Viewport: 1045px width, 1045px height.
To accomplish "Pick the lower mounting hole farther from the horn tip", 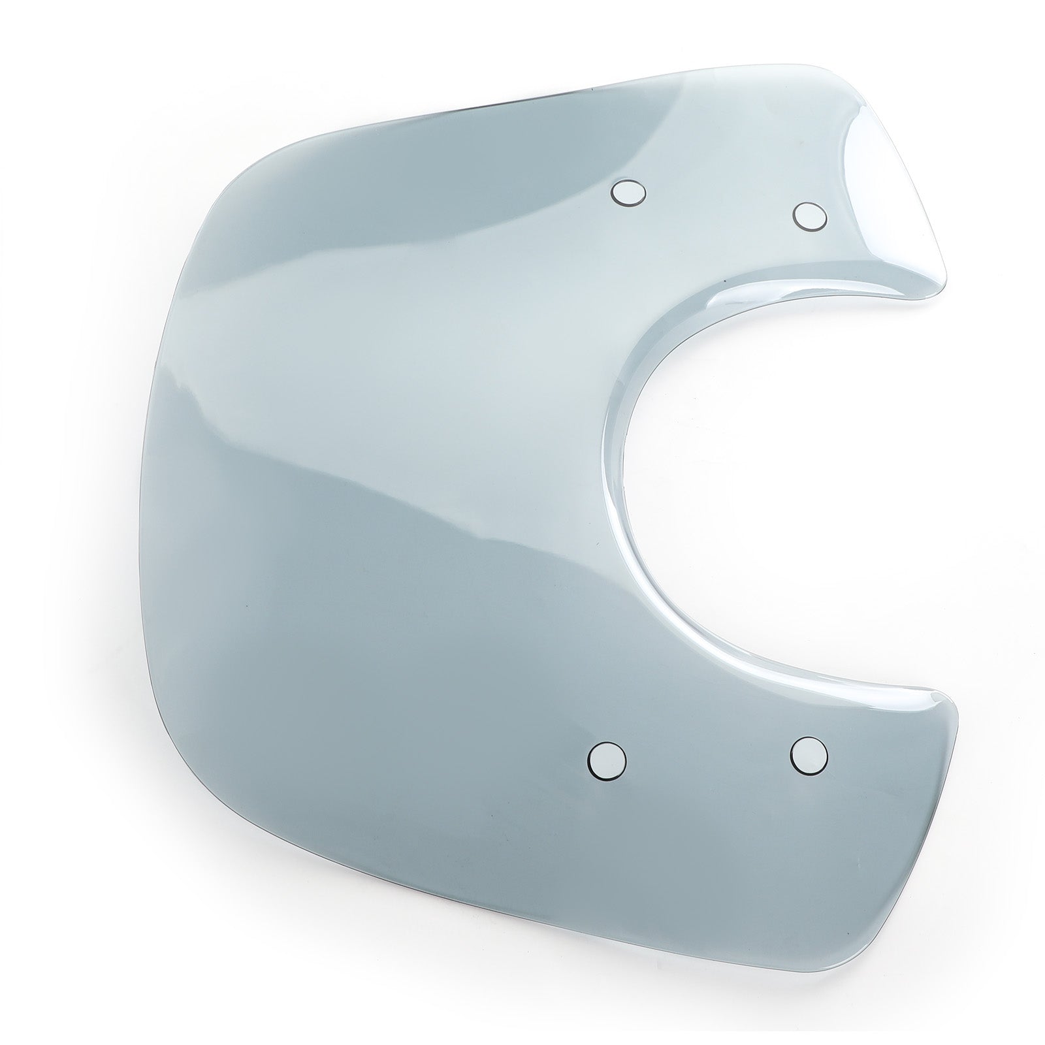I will coord(607,760).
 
